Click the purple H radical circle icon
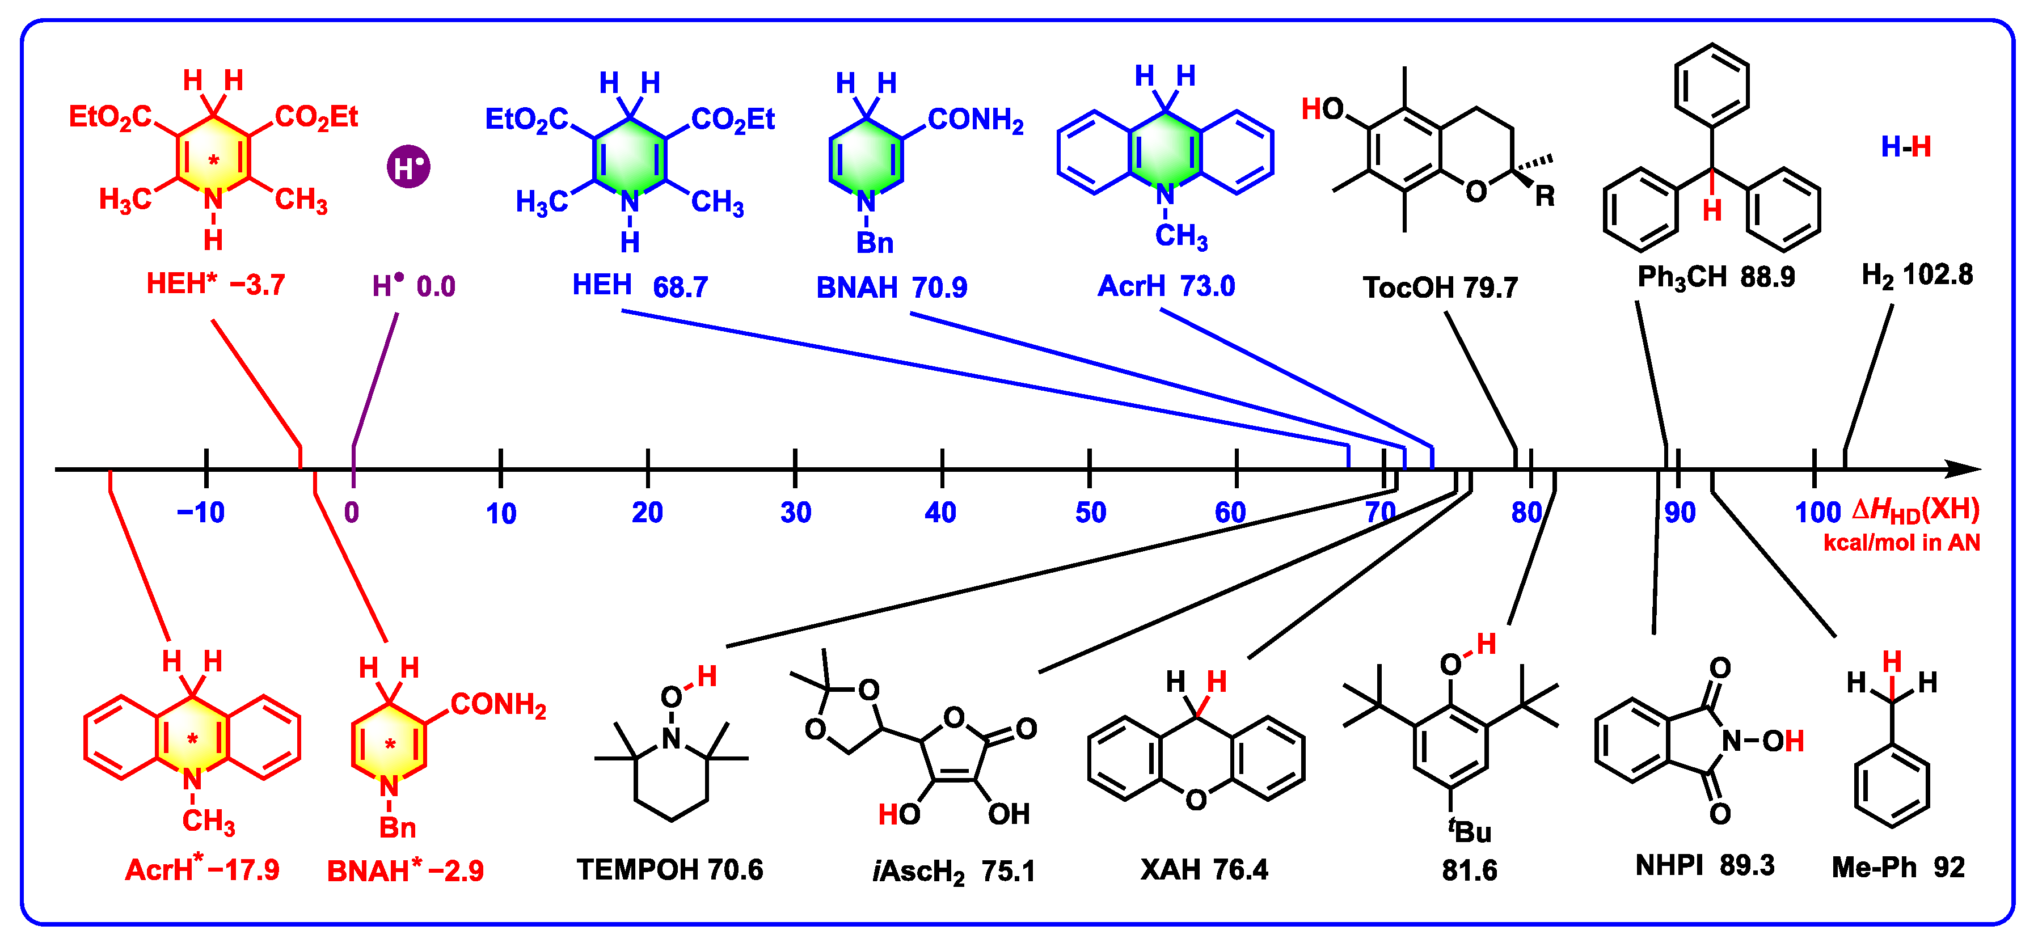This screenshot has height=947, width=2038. [408, 167]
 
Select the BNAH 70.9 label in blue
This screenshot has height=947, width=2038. [892, 287]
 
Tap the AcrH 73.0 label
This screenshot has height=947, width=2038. [1166, 286]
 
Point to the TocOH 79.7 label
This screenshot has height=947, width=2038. [1440, 287]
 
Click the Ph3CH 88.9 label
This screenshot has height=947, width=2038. [1715, 277]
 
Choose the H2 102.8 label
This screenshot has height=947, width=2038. [1917, 274]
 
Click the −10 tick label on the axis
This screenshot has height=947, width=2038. [201, 513]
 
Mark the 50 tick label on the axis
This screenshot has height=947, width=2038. [1090, 513]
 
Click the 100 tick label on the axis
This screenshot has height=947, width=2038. [1817, 513]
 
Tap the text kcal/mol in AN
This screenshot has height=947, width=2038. [1901, 543]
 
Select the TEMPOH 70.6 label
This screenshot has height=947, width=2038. [669, 869]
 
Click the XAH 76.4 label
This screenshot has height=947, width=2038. [1203, 869]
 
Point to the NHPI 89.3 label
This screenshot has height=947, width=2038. [1705, 865]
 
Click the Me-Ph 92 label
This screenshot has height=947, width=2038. [1898, 867]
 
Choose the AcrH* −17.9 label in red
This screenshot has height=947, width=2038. [202, 869]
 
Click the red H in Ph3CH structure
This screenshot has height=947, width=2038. [1712, 210]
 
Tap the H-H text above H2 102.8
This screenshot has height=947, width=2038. [1906, 146]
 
